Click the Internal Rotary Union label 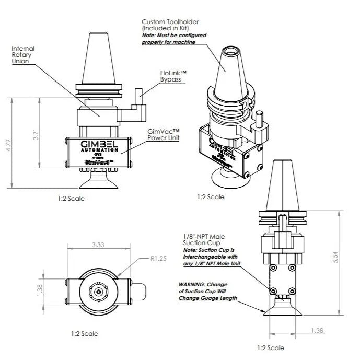(x=24, y=54)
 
